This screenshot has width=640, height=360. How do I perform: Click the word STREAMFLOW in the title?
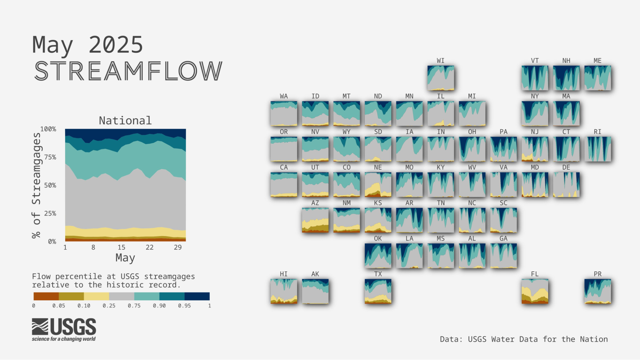point(128,71)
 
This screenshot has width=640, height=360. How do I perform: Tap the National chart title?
point(125,121)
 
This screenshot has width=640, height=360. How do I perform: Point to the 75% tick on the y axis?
point(50,157)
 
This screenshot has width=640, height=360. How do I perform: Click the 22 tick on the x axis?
point(150,247)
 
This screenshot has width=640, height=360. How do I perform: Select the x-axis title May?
point(125,258)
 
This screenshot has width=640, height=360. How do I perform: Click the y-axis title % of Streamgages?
point(36,186)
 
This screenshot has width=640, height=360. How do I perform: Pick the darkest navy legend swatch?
point(197,296)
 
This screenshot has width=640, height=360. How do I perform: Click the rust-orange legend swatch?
point(46,296)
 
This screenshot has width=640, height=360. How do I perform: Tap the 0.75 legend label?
point(134,306)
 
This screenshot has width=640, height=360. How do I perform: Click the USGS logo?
point(64,330)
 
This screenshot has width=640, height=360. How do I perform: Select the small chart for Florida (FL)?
point(535,291)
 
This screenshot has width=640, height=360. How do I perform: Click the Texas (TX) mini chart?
point(378,291)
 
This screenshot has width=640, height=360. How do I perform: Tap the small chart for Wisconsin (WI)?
point(441,78)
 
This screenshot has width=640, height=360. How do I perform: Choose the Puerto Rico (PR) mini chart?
point(597,291)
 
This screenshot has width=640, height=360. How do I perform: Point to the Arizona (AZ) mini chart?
point(315,220)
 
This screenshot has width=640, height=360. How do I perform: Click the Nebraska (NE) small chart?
point(378,185)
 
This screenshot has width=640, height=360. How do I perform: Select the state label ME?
point(597,61)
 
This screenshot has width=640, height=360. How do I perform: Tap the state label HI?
point(284,274)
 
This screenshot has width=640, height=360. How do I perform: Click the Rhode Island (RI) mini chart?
point(597,149)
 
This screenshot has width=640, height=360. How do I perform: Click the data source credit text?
point(524,339)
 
